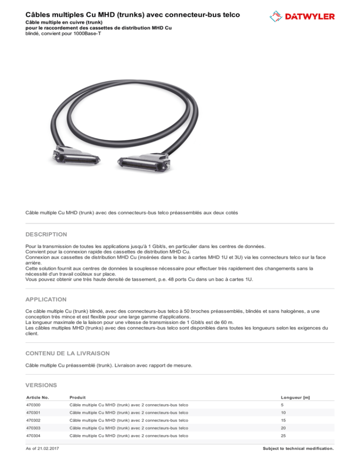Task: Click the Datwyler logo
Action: [x=302, y=16]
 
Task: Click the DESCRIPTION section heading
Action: [x=46, y=234]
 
